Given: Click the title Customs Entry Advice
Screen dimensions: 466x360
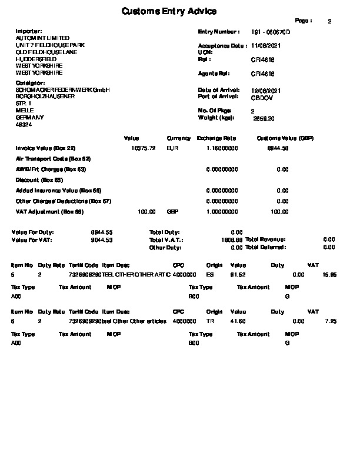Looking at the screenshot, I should click(169, 11).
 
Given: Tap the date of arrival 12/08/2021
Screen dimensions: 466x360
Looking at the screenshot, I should click(266, 90).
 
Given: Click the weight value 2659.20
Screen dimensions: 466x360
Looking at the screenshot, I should click(263, 118).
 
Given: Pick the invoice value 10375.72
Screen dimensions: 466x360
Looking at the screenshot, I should click(144, 148).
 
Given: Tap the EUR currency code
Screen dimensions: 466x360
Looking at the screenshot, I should click(172, 148).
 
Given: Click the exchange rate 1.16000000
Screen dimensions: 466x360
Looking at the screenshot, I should click(222, 148).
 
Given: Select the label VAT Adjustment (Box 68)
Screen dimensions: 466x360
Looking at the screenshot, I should click(50, 212).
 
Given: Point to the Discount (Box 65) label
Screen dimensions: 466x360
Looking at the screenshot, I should click(39, 180).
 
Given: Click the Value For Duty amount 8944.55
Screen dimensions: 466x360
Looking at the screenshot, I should click(102, 233).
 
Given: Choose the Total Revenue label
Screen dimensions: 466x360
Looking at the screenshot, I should click(265, 240).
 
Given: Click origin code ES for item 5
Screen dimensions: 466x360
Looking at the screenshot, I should click(210, 275).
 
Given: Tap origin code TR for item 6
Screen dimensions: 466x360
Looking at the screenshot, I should click(210, 321).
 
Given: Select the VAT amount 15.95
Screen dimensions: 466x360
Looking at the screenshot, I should click(330, 275).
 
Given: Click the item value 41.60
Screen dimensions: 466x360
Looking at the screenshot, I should click(238, 321).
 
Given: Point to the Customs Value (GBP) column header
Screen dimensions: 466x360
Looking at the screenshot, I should click(285, 138).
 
